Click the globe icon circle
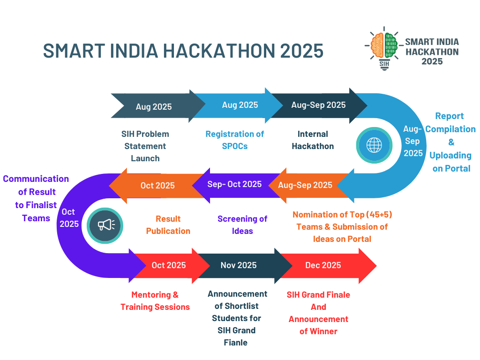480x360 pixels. click(x=374, y=145)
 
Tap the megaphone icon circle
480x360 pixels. click(x=105, y=225)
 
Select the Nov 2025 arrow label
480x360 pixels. click(x=239, y=265)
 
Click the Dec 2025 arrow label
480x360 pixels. click(x=323, y=265)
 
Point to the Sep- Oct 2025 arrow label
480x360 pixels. click(x=234, y=184)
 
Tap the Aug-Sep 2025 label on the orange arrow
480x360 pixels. click(x=305, y=185)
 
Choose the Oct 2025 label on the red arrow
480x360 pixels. click(x=169, y=265)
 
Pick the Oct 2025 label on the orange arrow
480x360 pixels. click(x=157, y=186)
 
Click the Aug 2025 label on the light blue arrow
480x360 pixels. click(x=240, y=105)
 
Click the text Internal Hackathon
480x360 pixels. click(x=313, y=140)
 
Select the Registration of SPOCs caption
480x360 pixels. click(x=235, y=140)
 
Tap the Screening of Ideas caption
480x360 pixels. click(x=242, y=225)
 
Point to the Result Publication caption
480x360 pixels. click(x=168, y=225)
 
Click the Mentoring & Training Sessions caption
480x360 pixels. click(x=155, y=301)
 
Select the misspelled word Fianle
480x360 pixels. click(x=236, y=343)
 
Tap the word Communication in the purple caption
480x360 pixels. click(x=36, y=179)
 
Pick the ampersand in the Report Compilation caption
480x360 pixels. click(x=451, y=142)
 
